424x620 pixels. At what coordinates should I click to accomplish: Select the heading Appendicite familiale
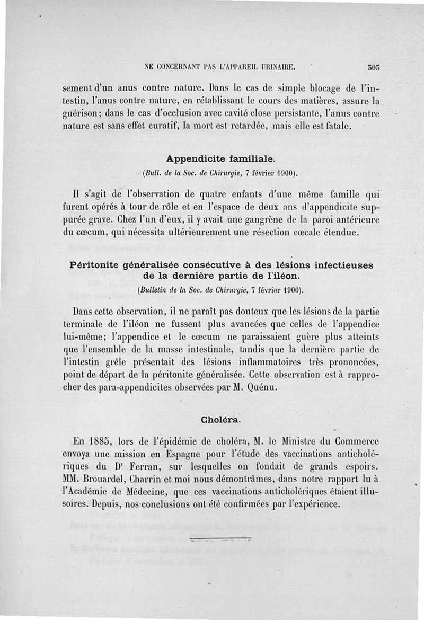[220, 158]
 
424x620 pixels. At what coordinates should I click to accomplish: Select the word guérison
[80, 113]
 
